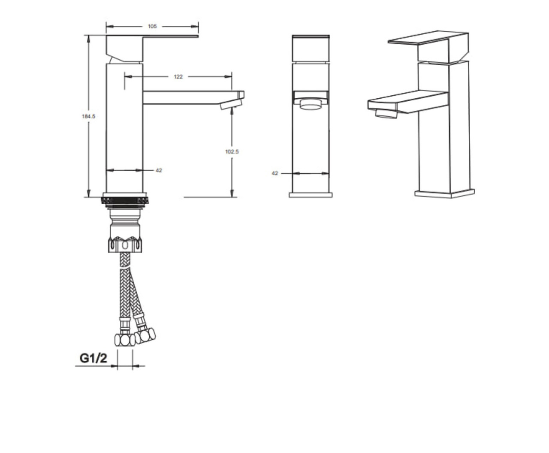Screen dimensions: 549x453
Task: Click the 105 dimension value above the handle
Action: click(152, 26)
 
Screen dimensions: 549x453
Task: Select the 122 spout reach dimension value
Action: click(178, 76)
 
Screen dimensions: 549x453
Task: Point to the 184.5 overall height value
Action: click(88, 116)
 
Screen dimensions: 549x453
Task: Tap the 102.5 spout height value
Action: click(232, 151)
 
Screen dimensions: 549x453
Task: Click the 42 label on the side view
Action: click(159, 170)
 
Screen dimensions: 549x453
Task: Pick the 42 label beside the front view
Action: click(275, 173)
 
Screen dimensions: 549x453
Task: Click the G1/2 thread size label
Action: click(94, 358)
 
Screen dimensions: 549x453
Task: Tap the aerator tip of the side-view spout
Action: click(231, 104)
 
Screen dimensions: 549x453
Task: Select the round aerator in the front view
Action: click(311, 104)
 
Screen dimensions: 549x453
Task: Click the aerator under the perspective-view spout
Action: click(386, 114)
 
